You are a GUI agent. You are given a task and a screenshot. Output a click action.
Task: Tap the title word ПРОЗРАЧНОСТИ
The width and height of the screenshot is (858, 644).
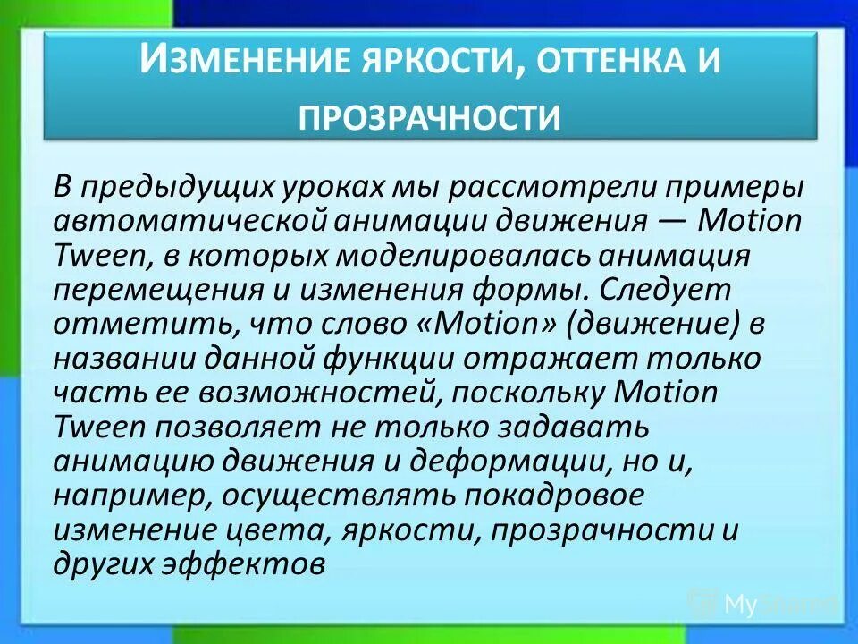(430, 116)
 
